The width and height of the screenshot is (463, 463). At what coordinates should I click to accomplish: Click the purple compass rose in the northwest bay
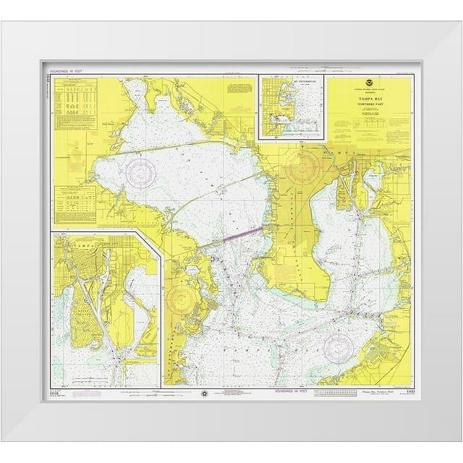140,172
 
